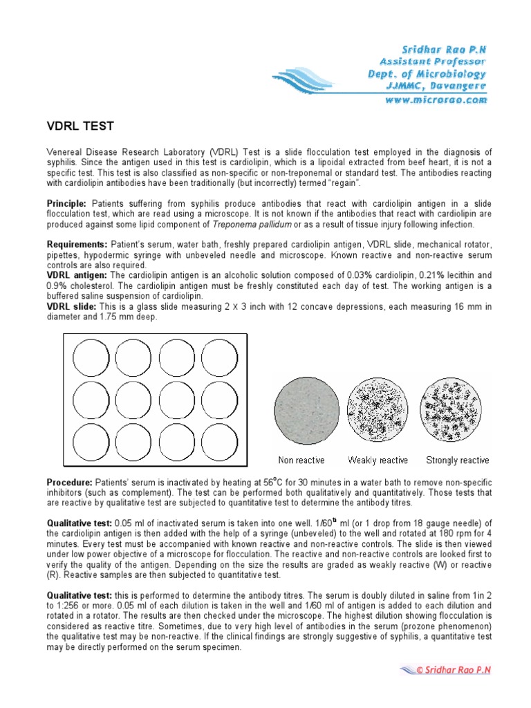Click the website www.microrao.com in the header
pos(434,100)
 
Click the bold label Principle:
pos(66,204)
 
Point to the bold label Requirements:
pos(77,245)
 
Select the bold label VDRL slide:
pos(71,306)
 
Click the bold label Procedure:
pos(71,481)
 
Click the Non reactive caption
pos(301,460)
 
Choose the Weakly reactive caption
pos(378,460)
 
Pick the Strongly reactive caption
pos(457,460)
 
